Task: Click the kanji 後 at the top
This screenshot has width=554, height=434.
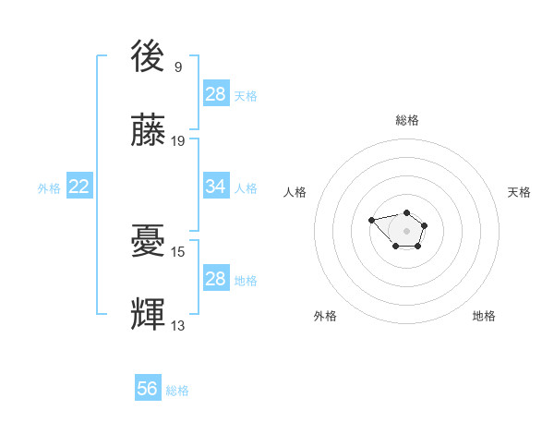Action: click(149, 56)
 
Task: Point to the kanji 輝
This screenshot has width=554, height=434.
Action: click(149, 313)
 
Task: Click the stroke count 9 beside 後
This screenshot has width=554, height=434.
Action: click(177, 66)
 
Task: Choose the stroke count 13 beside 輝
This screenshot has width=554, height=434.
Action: click(177, 324)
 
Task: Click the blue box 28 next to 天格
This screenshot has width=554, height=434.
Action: click(216, 94)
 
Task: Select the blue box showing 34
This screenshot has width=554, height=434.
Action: click(216, 187)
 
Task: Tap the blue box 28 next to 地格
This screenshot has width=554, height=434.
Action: click(216, 279)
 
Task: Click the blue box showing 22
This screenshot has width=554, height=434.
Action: click(79, 187)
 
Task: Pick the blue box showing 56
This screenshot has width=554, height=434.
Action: click(148, 389)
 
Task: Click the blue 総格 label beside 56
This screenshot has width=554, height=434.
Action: click(177, 391)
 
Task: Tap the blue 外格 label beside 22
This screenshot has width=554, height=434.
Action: click(49, 188)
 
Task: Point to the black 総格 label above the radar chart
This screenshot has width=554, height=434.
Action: click(407, 121)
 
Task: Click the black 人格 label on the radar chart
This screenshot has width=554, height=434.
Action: click(295, 192)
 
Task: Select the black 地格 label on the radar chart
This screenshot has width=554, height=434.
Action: click(484, 316)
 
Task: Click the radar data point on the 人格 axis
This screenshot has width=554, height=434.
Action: click(371, 220)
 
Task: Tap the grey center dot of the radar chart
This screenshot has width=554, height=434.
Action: click(407, 231)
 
